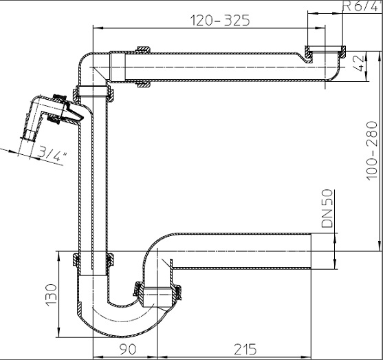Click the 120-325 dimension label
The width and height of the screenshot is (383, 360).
(220, 20)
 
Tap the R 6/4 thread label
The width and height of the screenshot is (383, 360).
(361, 6)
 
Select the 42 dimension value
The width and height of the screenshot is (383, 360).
(359, 63)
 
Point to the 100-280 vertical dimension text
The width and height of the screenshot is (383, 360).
(372, 151)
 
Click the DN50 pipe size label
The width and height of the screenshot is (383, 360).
(327, 209)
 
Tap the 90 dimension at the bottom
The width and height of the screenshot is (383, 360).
(127, 349)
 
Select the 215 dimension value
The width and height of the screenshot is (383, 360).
(245, 349)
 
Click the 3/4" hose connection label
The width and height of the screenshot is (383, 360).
(52, 153)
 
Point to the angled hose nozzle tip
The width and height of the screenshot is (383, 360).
(28, 135)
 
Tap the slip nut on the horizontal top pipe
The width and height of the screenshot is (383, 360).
(144, 67)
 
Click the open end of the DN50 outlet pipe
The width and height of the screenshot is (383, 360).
(311, 251)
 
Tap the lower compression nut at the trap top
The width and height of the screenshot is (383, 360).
(94, 260)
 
